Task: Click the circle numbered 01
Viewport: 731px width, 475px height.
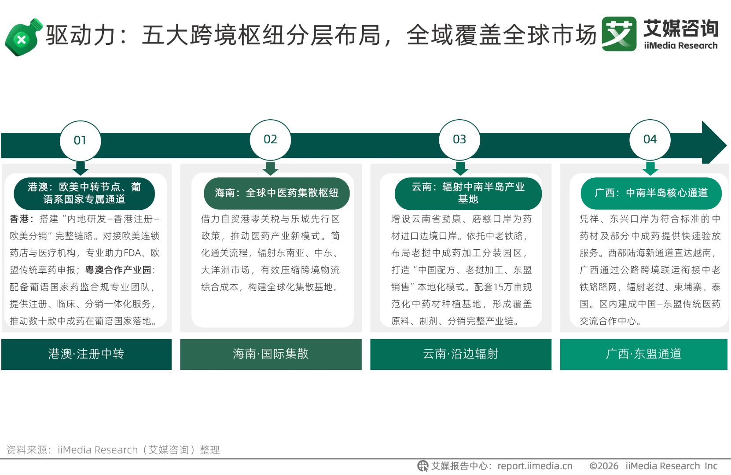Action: pyautogui.click(x=80, y=141)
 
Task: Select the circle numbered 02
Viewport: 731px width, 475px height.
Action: pyautogui.click(x=270, y=140)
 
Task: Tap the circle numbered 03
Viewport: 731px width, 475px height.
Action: pyautogui.click(x=459, y=140)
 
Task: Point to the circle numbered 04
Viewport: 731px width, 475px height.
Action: pyautogui.click(x=650, y=140)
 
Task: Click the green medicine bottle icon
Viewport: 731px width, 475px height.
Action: pyautogui.click(x=23, y=37)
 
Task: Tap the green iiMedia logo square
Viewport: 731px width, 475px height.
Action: pyautogui.click(x=619, y=34)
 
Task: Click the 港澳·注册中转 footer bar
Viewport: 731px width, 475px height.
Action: pyautogui.click(x=87, y=354)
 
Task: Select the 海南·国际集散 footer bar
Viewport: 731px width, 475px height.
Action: pyautogui.click(x=271, y=354)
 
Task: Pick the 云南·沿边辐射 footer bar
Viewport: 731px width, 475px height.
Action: pyautogui.click(x=461, y=354)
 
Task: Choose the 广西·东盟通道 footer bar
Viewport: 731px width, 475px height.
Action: pyautogui.click(x=644, y=354)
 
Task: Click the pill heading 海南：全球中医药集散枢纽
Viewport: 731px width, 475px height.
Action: pyautogui.click(x=277, y=193)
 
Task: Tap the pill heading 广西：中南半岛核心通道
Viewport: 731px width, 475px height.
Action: pyautogui.click(x=651, y=193)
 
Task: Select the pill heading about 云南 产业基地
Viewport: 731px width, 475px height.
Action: pyautogui.click(x=468, y=193)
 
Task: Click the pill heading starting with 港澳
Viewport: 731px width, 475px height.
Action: pyautogui.click(x=84, y=193)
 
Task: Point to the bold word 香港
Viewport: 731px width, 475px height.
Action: pyautogui.click(x=19, y=219)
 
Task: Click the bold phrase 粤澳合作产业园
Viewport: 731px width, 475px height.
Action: pyautogui.click(x=118, y=270)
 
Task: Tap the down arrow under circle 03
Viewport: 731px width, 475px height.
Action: pyautogui.click(x=460, y=168)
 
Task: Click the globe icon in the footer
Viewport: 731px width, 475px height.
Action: pyautogui.click(x=423, y=466)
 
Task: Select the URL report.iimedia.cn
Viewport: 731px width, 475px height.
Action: pyautogui.click(x=535, y=466)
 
